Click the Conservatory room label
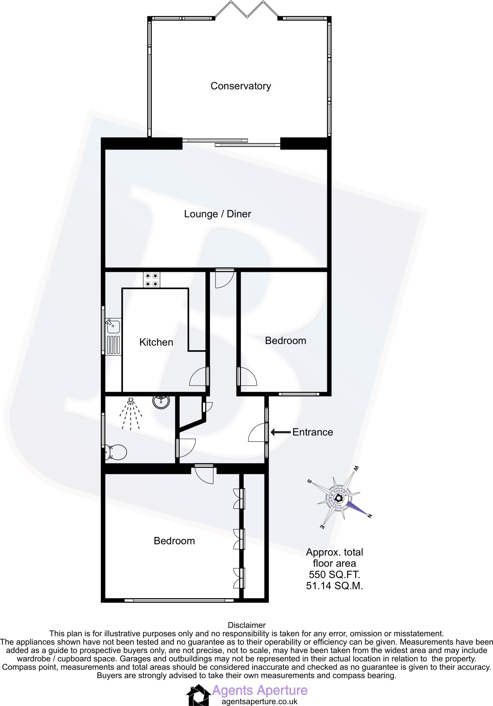tap(241, 86)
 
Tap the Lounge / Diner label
tap(218, 214)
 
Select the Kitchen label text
tap(156, 342)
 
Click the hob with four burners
tap(152, 280)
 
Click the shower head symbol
tap(131, 400)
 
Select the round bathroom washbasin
tap(161, 401)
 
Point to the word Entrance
tap(313, 432)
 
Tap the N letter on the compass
tap(369, 516)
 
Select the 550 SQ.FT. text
tap(334, 575)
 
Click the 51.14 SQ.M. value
tap(334, 586)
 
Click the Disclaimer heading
tap(246, 625)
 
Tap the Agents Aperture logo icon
tap(199, 695)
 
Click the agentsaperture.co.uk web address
tap(259, 701)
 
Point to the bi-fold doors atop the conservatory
tap(246, 9)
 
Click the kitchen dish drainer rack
tap(113, 345)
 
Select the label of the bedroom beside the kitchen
tap(285, 341)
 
